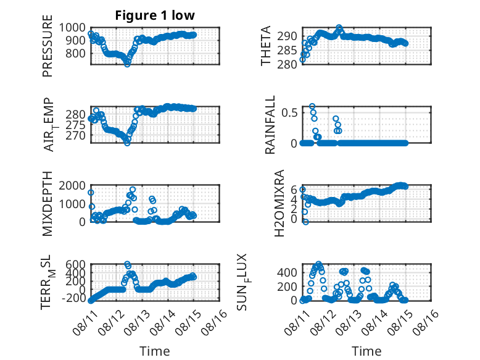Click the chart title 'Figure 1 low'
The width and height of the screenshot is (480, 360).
(155, 15)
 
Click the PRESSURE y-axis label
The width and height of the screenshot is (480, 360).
(48, 46)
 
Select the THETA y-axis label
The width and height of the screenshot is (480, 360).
(266, 46)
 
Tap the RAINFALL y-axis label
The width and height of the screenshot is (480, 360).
(270, 125)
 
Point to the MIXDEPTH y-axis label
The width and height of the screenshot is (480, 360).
(48, 204)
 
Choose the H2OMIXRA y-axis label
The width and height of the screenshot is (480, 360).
(279, 203)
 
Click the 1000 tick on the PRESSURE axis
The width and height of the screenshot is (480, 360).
(72, 28)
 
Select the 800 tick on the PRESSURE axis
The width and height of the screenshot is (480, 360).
(75, 53)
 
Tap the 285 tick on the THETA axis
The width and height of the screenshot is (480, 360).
(287, 50)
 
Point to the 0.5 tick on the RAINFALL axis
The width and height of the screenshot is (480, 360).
(289, 113)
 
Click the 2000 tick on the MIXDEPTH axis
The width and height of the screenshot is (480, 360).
(72, 185)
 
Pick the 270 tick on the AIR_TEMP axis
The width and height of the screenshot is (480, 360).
(75, 135)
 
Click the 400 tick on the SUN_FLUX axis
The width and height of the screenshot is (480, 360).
(287, 272)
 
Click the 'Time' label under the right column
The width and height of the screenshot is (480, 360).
(366, 351)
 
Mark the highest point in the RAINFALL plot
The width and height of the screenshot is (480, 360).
(312, 106)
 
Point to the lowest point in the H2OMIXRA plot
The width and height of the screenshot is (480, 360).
(305, 222)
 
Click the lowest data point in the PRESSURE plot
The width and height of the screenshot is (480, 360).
(127, 64)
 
